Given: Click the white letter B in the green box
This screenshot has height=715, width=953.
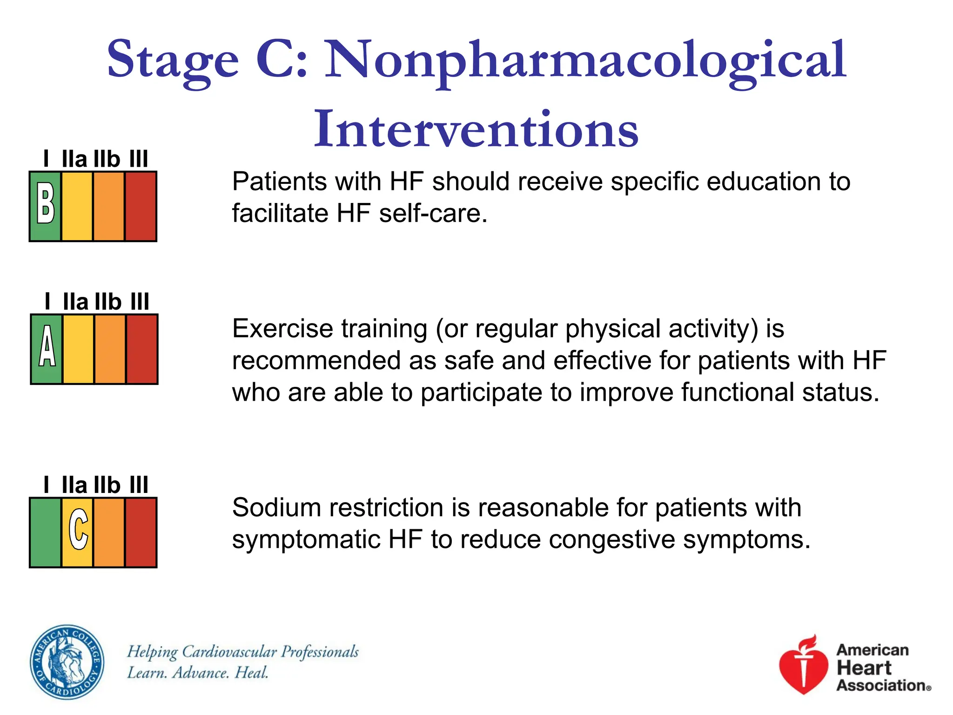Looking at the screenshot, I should (46, 203).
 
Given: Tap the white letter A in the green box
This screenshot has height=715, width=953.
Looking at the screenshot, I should (47, 346).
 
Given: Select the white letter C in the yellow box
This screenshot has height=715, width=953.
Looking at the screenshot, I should (78, 529).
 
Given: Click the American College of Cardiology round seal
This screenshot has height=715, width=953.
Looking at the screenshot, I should (67, 661).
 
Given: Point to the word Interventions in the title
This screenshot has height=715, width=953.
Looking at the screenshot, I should (476, 129).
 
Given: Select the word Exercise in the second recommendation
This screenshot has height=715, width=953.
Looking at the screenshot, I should (283, 329).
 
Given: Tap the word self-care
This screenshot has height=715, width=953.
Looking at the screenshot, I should (433, 214).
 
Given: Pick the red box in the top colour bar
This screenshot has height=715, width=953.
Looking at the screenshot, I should (141, 206).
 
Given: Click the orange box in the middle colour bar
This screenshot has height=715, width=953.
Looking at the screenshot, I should (110, 349).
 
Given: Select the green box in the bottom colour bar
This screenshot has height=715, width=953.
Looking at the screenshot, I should (46, 533).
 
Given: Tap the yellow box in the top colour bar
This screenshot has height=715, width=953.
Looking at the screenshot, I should (77, 206).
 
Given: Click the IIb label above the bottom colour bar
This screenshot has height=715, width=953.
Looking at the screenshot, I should (107, 485).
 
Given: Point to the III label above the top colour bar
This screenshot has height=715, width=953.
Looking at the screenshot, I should (139, 159).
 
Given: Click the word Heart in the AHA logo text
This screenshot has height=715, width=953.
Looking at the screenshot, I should (864, 668).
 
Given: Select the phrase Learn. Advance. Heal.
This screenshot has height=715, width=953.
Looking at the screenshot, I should (198, 673).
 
